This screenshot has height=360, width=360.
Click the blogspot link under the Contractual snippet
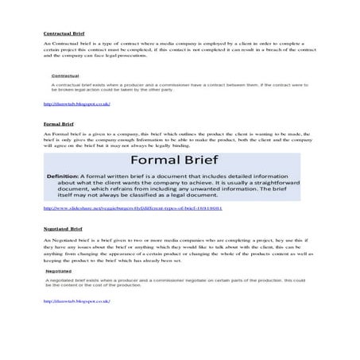(x=75, y=104)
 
